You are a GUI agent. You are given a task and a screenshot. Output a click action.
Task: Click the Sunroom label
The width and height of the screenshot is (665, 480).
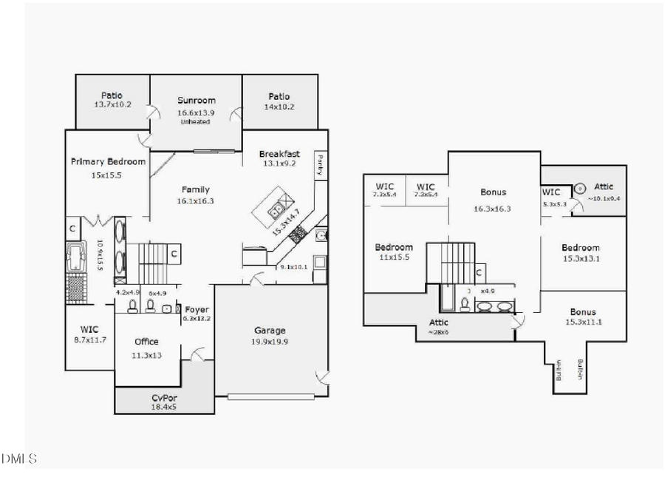196,101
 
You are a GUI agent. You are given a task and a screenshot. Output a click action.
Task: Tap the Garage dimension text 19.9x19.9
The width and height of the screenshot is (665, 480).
270,342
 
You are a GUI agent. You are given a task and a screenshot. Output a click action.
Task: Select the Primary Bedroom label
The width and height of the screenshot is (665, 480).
108,161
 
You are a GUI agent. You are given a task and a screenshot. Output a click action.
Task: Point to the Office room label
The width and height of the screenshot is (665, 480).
146,342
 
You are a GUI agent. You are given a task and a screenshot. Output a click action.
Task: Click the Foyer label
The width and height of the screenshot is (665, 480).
197,309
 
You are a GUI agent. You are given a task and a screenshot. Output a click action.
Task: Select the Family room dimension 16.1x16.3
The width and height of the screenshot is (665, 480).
196,200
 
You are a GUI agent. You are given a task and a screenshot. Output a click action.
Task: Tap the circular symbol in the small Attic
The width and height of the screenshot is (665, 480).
580,189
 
